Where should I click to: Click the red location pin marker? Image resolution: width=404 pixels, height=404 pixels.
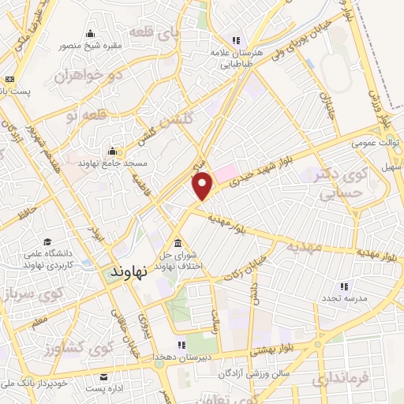click(204, 185)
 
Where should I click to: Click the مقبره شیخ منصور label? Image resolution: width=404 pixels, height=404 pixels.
click(92, 45)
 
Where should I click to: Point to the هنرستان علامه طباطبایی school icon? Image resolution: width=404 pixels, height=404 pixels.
click(234, 40)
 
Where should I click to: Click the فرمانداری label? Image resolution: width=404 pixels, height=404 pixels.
click(340, 380)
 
